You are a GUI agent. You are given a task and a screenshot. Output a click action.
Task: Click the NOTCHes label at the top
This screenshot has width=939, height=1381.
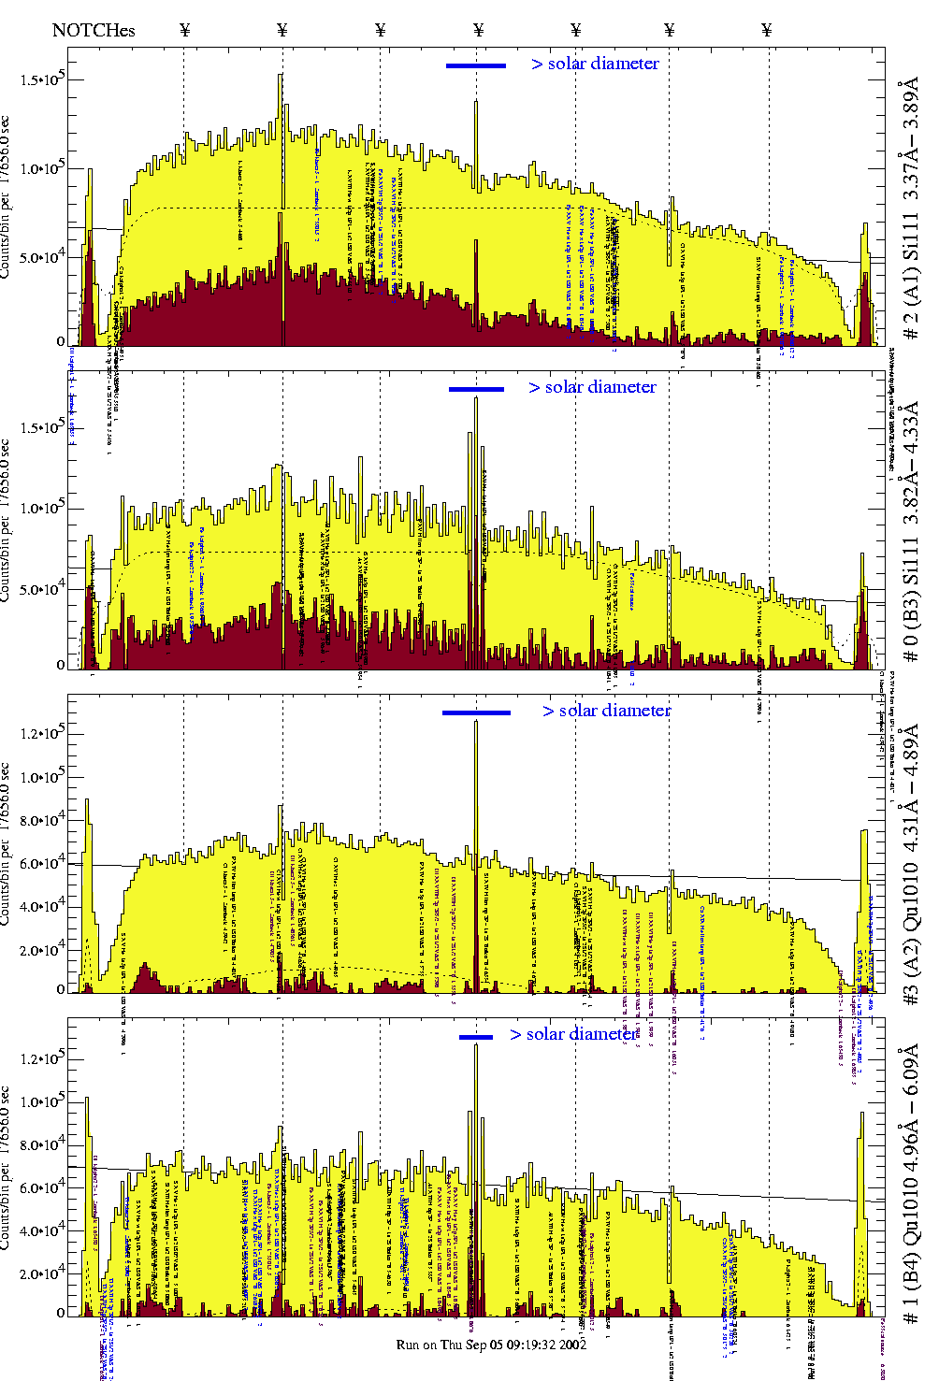(94, 30)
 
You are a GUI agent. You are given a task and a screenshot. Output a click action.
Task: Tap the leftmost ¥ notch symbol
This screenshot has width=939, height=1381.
(185, 30)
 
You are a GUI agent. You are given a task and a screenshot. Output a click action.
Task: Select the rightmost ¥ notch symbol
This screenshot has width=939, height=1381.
(767, 30)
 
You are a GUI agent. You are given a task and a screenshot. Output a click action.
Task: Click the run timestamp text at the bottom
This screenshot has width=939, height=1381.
(491, 1345)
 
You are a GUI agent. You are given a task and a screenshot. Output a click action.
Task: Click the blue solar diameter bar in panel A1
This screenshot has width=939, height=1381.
(476, 65)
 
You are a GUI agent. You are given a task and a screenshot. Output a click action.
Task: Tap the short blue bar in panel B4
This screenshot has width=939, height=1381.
(476, 1037)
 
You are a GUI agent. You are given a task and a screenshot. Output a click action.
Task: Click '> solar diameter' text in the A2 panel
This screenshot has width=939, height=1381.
(606, 711)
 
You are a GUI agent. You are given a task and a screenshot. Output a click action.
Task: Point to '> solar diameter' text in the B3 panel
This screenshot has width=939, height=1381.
(592, 387)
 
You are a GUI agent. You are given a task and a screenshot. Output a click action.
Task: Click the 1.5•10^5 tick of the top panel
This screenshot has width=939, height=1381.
(41, 79)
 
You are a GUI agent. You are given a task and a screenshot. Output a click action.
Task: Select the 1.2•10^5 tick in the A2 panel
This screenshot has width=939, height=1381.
(41, 733)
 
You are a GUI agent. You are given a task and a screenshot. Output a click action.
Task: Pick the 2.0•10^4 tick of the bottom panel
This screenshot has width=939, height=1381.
(41, 1273)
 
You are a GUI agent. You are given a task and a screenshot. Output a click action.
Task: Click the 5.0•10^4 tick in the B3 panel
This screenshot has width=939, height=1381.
(41, 589)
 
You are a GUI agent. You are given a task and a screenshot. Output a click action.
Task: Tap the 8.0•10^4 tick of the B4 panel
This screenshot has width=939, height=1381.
(41, 1144)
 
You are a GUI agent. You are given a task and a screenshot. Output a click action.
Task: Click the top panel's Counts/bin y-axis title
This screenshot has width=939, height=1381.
(7, 196)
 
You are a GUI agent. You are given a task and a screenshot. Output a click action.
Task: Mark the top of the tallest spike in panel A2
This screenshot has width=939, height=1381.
(476, 721)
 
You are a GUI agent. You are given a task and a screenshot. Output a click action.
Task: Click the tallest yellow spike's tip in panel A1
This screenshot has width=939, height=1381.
(281, 76)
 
